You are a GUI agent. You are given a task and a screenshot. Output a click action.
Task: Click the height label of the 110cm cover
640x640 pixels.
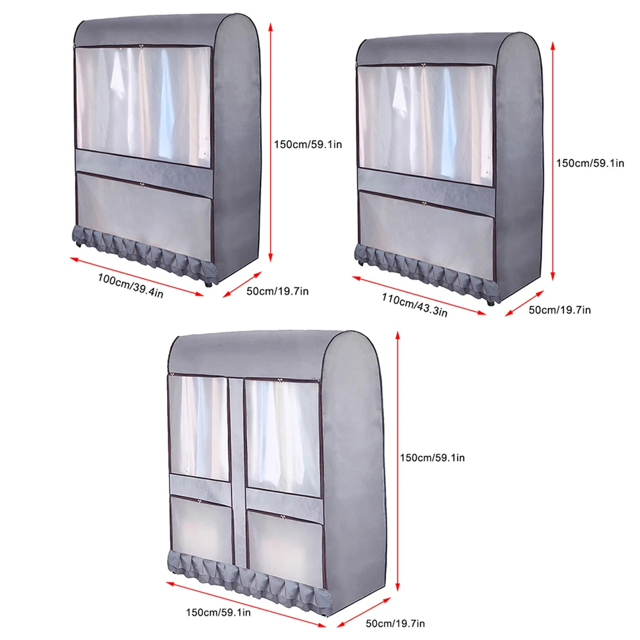(589, 163)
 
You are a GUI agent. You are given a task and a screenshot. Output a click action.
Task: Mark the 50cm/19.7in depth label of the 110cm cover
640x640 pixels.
(561, 310)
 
